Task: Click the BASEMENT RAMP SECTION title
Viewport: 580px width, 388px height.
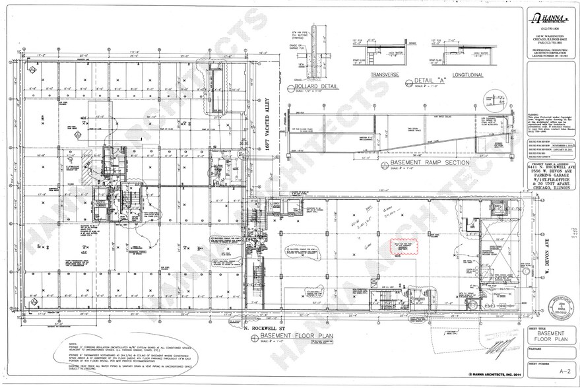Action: click(430, 162)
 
